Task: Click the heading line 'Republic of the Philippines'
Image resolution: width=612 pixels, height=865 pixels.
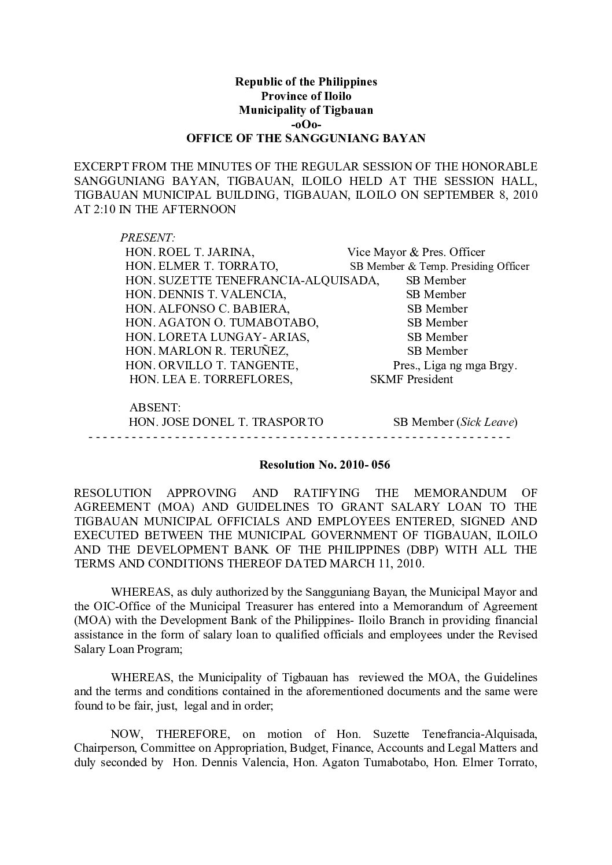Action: coord(305,81)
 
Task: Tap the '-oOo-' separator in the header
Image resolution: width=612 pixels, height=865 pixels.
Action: coord(305,124)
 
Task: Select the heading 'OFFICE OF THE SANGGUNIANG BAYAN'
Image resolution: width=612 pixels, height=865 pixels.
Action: coord(305,139)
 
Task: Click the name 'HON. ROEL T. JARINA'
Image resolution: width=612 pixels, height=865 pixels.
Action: coord(190,253)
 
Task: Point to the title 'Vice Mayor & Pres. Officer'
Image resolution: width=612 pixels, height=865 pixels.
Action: coord(416,253)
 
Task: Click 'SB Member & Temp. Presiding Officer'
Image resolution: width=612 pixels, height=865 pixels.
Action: coord(440,266)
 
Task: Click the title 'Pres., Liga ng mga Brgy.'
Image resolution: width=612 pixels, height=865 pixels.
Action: coord(455,366)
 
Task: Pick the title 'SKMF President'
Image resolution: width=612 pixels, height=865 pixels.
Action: coord(411,380)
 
